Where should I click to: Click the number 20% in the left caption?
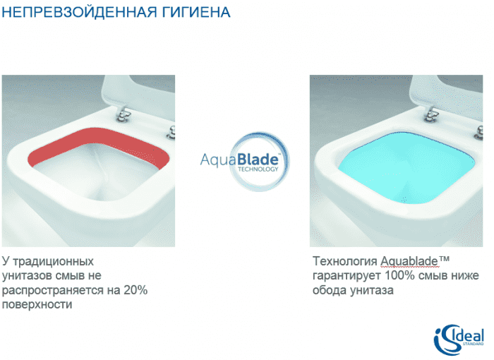(135, 290)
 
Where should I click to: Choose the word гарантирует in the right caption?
(344, 276)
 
